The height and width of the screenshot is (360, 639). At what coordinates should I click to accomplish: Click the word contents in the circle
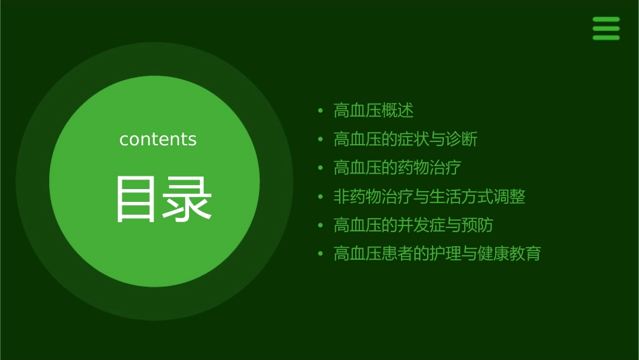coord(158,139)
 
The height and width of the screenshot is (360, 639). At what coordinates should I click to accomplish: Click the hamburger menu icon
coord(606,28)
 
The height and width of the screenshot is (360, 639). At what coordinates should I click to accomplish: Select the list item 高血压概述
coord(373,110)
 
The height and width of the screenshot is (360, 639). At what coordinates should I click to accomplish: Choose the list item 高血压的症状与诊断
coord(405,139)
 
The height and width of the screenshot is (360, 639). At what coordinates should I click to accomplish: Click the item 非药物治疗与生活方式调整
coord(429,196)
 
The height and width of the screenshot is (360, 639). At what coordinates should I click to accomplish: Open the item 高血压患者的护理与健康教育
coord(437,254)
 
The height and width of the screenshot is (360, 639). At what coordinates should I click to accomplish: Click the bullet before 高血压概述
coord(321,110)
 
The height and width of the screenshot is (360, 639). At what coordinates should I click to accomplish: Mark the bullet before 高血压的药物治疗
coord(321,168)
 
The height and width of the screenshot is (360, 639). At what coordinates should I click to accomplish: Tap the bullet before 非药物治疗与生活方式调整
coord(321,196)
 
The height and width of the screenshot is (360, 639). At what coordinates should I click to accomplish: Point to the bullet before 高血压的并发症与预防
coord(321,225)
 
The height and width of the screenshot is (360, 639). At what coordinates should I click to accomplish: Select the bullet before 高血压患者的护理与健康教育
coord(321,254)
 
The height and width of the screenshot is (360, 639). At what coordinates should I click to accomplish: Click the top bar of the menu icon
coord(606,20)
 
